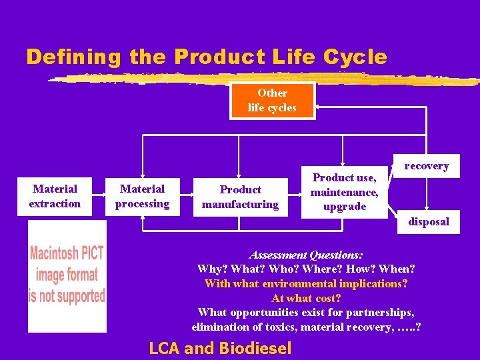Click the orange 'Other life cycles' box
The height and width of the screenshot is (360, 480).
[272, 101]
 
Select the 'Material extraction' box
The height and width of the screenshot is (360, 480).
[55, 197]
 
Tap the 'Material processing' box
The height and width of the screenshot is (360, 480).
[142, 197]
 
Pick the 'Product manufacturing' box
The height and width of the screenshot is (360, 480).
[240, 197]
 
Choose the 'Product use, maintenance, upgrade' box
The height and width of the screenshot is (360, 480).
[344, 192]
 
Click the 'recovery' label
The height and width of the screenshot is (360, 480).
[427, 166]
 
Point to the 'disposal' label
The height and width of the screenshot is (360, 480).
[429, 221]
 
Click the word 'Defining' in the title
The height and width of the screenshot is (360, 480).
[73, 57]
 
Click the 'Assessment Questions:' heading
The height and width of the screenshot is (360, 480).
[306, 255]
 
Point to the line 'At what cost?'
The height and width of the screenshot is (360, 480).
[306, 298]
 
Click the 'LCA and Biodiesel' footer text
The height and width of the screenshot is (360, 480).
[220, 348]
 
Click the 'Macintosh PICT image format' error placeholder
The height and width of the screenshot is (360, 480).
[67, 275]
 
